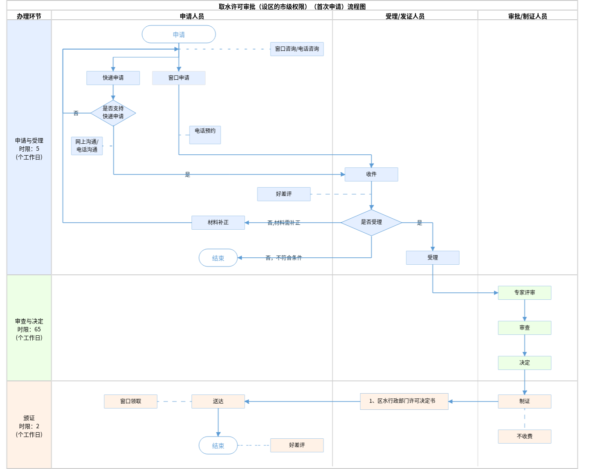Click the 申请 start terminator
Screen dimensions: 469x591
point(179,34)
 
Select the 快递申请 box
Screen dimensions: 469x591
point(113,78)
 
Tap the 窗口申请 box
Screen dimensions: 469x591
point(179,78)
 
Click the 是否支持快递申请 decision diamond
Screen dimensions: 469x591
point(113,113)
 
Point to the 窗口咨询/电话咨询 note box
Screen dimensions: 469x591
point(297,49)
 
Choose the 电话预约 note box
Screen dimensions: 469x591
point(205,135)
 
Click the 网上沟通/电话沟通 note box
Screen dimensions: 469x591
point(87,146)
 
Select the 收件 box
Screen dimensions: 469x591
point(371,174)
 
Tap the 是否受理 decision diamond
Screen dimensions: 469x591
point(371,222)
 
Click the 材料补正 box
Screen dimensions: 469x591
point(218,223)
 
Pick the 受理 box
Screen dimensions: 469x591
point(433,258)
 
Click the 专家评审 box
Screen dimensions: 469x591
point(524,293)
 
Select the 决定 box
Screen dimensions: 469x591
point(524,363)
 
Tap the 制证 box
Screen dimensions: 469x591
point(524,401)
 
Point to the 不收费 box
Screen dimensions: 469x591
point(524,437)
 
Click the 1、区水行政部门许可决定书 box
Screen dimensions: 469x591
point(404,401)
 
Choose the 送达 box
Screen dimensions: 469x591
point(218,401)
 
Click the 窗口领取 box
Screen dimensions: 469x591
point(130,401)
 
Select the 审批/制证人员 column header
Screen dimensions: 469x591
point(528,16)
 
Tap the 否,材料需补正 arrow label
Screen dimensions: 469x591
point(284,223)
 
